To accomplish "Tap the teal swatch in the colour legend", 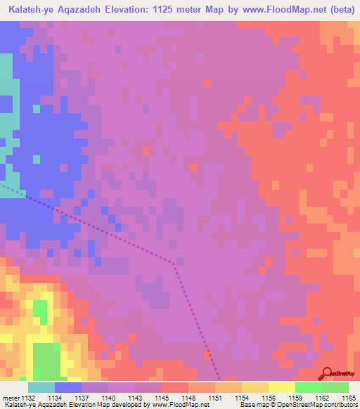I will pyautogui.click(x=41, y=387).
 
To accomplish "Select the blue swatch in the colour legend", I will pyautogui.click(x=68, y=387).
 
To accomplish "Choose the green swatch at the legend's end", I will pyautogui.click(x=335, y=387).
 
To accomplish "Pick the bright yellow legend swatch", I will pyautogui.click(x=281, y=387).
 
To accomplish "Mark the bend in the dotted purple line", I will pyautogui.click(x=174, y=262).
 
